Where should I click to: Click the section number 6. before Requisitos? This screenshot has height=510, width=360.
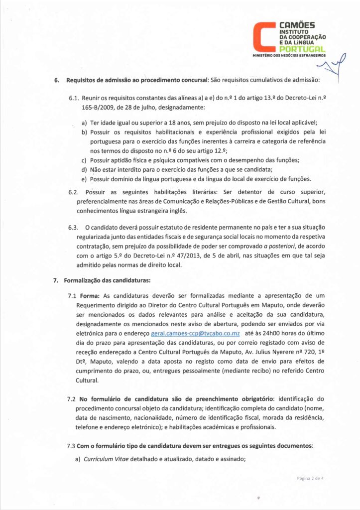[56, 80]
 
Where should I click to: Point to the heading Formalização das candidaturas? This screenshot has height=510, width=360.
[107, 280]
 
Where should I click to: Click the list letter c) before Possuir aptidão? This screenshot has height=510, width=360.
[84, 160]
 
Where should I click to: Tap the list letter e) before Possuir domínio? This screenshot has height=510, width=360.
[84, 178]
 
